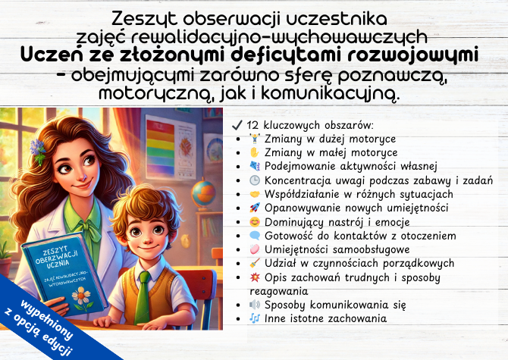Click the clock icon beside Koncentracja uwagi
pyautogui.click(x=254, y=180)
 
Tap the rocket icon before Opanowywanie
pyautogui.click(x=254, y=208)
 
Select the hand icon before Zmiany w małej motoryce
pyautogui.click(x=254, y=152)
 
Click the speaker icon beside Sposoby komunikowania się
pyautogui.click(x=254, y=305)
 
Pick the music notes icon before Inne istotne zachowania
pyautogui.click(x=254, y=319)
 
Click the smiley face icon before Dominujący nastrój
pyautogui.click(x=254, y=222)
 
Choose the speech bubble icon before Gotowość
pyautogui.click(x=254, y=236)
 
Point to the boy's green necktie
pyautogui.click(x=143, y=295)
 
